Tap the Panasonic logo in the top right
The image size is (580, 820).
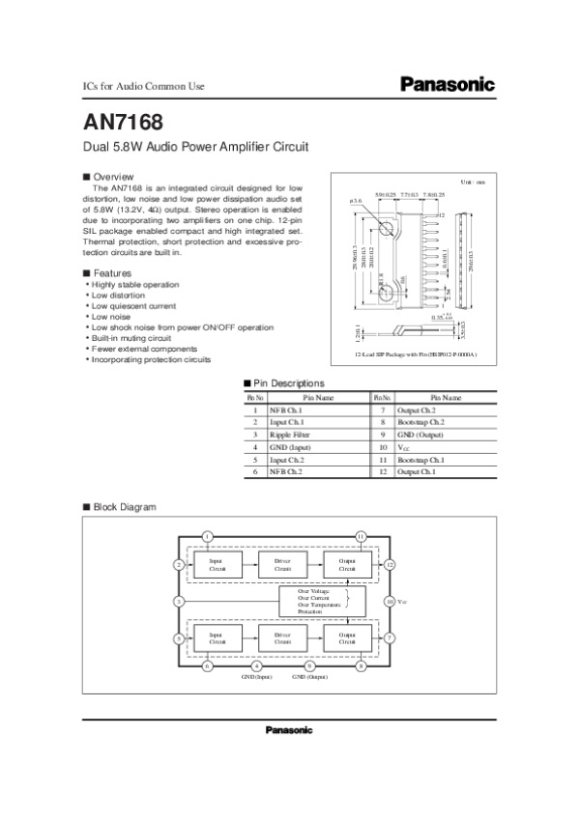[x=447, y=85]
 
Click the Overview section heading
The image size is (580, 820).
[x=112, y=177]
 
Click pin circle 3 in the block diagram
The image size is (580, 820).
[x=179, y=602]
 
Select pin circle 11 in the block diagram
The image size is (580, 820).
[x=361, y=536]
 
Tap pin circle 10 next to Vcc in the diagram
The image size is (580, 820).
[x=390, y=602]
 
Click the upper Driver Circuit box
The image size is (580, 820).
[x=282, y=564]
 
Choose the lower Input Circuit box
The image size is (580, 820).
[x=217, y=636]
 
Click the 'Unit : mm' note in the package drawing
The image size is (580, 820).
[x=472, y=183]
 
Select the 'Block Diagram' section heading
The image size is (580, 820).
[x=124, y=506]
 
